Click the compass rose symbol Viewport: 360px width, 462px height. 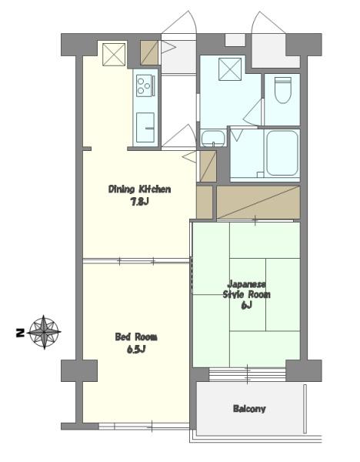pos(44,332)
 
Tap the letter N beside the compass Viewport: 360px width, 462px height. pos(20,333)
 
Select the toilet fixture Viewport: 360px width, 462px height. pos(283,90)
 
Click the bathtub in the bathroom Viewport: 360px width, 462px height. pos(282,153)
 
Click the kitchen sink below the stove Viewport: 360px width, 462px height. pos(145,127)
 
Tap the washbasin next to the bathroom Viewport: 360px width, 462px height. pos(213,138)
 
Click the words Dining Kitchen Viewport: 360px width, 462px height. pos(139,189)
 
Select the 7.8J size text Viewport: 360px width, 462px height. pos(139,202)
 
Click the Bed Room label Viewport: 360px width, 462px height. pos(136,336)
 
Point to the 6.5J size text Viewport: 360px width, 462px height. pos(136,350)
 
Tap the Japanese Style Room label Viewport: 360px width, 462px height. pos(247,290)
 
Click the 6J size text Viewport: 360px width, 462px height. pos(247,306)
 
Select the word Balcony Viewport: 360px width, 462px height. pos(249,409)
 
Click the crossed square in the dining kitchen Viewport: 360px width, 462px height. pos(114,55)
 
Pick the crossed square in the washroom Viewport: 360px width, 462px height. pos(230,69)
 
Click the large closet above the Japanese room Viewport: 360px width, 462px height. pos(258,203)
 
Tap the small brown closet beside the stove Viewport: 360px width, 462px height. pos(149,52)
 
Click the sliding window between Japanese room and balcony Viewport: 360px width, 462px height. pos(247,374)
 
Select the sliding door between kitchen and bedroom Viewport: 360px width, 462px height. pos(136,261)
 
